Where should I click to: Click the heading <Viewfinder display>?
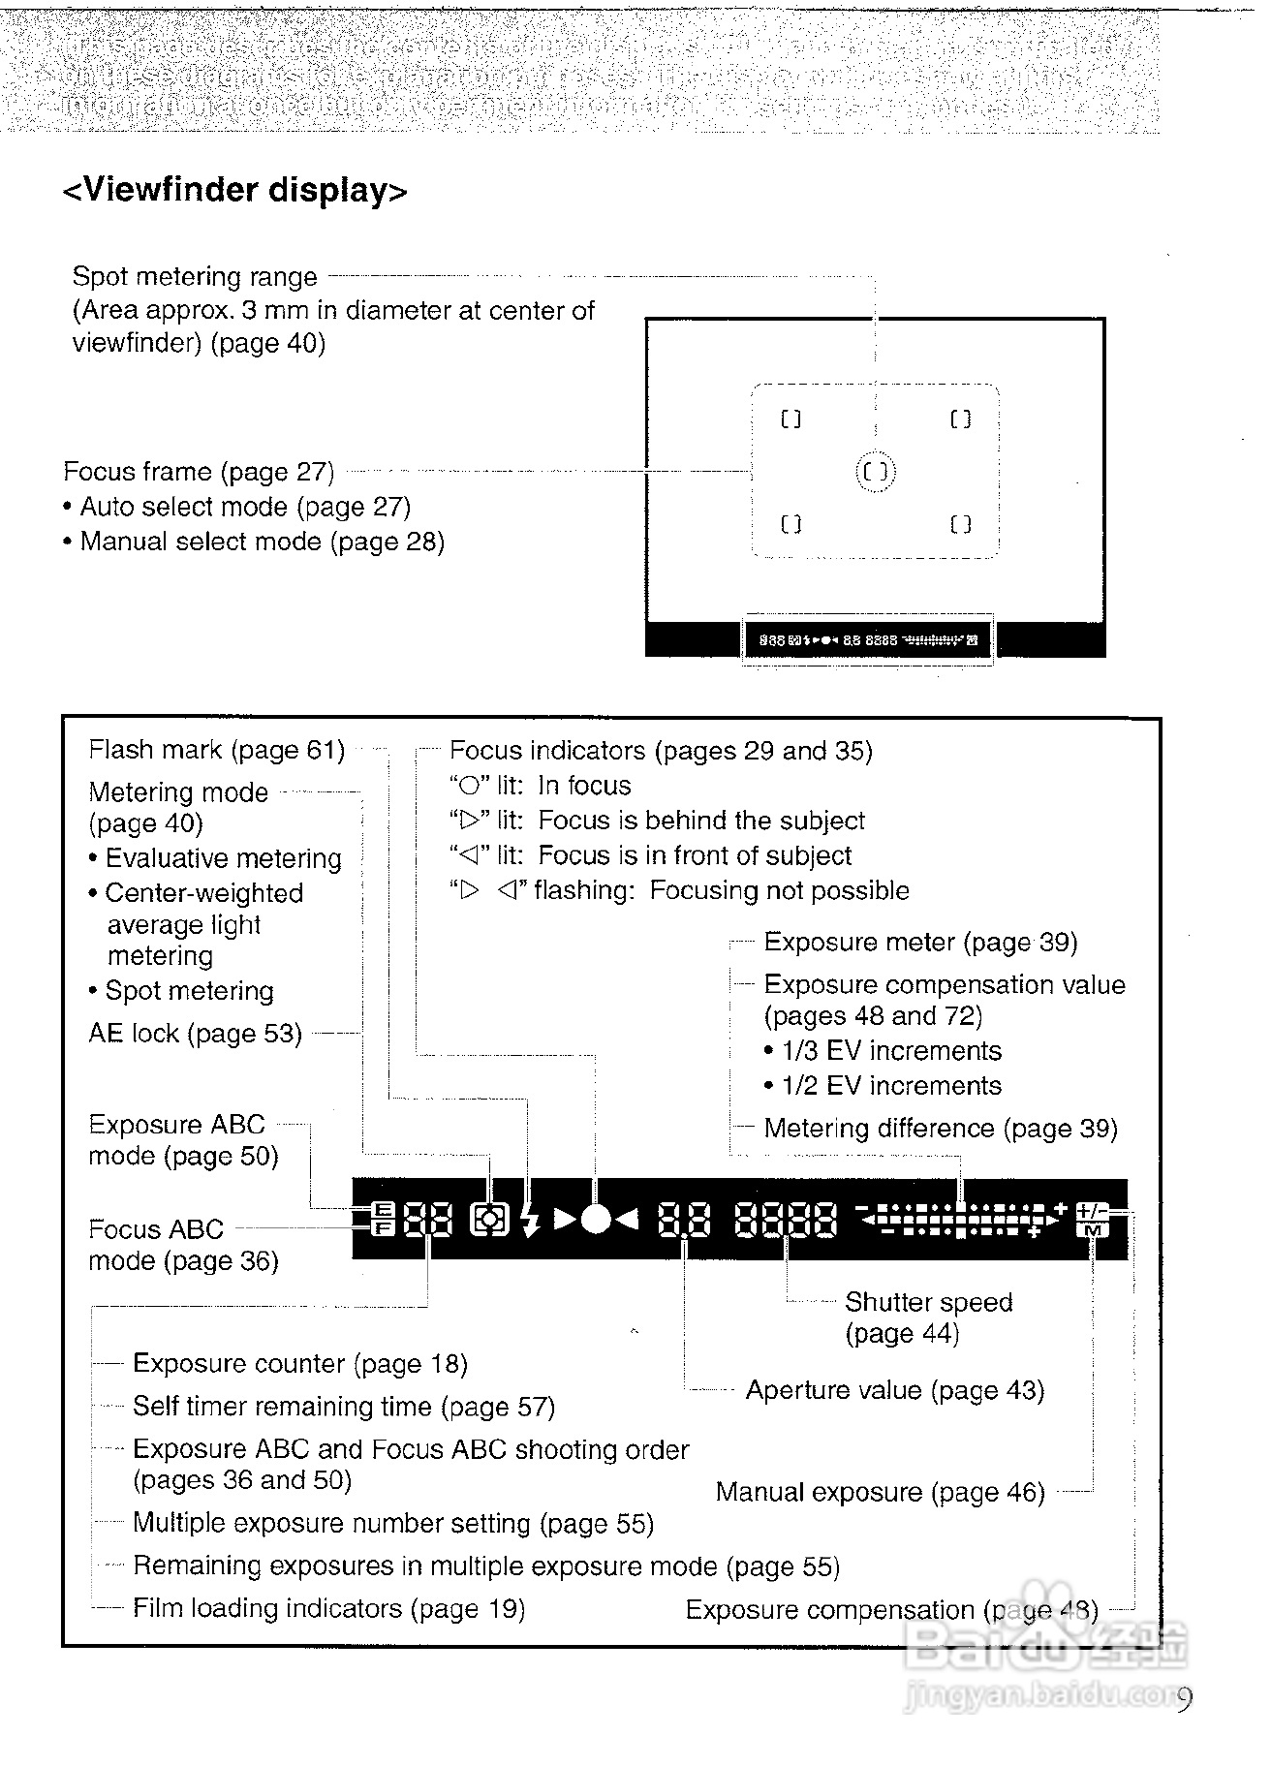pyautogui.click(x=234, y=190)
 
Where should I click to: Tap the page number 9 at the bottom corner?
pyautogui.click(x=1184, y=1699)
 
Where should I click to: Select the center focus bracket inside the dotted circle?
pyautogui.click(x=876, y=472)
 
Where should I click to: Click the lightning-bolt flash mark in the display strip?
pyautogui.click(x=530, y=1221)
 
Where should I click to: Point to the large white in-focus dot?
pyautogui.click(x=597, y=1220)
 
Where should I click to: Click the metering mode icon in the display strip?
pyautogui.click(x=489, y=1220)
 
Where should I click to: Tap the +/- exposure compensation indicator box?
pyautogui.click(x=1092, y=1210)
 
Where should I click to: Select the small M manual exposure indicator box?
pyautogui.click(x=1092, y=1230)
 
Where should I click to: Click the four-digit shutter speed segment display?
pyautogui.click(x=786, y=1221)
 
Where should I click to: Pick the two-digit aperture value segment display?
pyautogui.click(x=684, y=1221)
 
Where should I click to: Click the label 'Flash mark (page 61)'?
pyautogui.click(x=216, y=750)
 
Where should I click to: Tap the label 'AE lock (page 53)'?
pyautogui.click(x=195, y=1034)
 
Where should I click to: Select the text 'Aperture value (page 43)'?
pyautogui.click(x=894, y=1390)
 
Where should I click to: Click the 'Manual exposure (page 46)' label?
pyautogui.click(x=880, y=1492)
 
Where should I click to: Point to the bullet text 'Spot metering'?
pyautogui.click(x=189, y=991)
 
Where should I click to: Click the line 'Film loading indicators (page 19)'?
pyautogui.click(x=328, y=1608)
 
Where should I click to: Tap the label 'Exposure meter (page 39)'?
pyautogui.click(x=919, y=943)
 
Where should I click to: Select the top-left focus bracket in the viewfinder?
pyautogui.click(x=791, y=419)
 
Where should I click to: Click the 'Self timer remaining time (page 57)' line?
pyautogui.click(x=343, y=1406)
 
